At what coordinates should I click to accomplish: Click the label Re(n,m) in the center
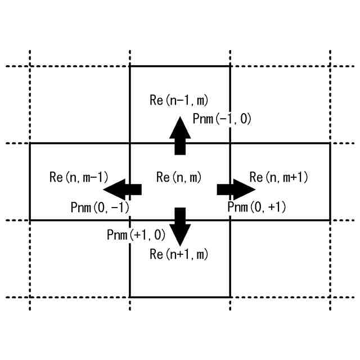click(179, 177)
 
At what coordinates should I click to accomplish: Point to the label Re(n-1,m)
click(179, 101)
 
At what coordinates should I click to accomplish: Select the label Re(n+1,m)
click(179, 254)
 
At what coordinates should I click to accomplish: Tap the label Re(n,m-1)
click(79, 177)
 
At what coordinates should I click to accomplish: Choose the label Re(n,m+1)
click(279, 177)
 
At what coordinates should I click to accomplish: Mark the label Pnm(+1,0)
click(136, 234)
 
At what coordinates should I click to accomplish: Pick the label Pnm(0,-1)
click(100, 207)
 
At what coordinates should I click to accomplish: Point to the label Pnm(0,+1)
click(256, 207)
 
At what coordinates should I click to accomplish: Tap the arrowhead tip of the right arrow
click(254, 189)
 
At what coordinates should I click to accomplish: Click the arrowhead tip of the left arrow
click(105, 189)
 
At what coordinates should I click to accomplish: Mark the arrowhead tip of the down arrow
click(180, 245)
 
